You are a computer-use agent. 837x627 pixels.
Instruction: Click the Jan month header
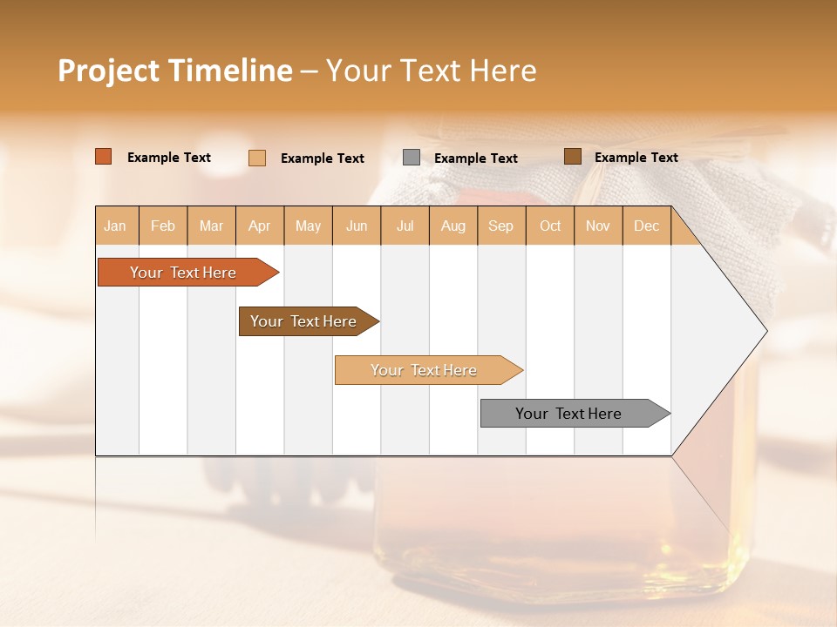tap(116, 226)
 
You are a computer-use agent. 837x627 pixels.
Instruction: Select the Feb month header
tap(163, 226)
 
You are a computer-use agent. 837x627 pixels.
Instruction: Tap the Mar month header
tap(211, 226)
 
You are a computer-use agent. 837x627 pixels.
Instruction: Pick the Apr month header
tap(260, 226)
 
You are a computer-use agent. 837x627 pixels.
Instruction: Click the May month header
tap(308, 226)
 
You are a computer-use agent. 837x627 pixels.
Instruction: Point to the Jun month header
tap(357, 226)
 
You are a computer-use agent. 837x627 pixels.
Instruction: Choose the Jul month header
tap(405, 226)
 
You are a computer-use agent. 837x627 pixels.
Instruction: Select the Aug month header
tap(453, 226)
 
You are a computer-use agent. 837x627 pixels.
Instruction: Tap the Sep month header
tap(501, 226)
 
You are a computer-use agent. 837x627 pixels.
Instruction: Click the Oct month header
tap(550, 226)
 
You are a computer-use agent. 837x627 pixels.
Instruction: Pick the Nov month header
tap(598, 226)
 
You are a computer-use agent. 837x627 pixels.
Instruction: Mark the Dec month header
tap(647, 226)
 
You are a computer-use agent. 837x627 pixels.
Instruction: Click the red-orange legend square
tap(104, 157)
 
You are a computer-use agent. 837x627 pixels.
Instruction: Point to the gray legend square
tap(412, 158)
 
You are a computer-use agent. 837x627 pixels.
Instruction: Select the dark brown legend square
tap(572, 157)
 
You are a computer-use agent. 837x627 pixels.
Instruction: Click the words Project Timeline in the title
tap(175, 71)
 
